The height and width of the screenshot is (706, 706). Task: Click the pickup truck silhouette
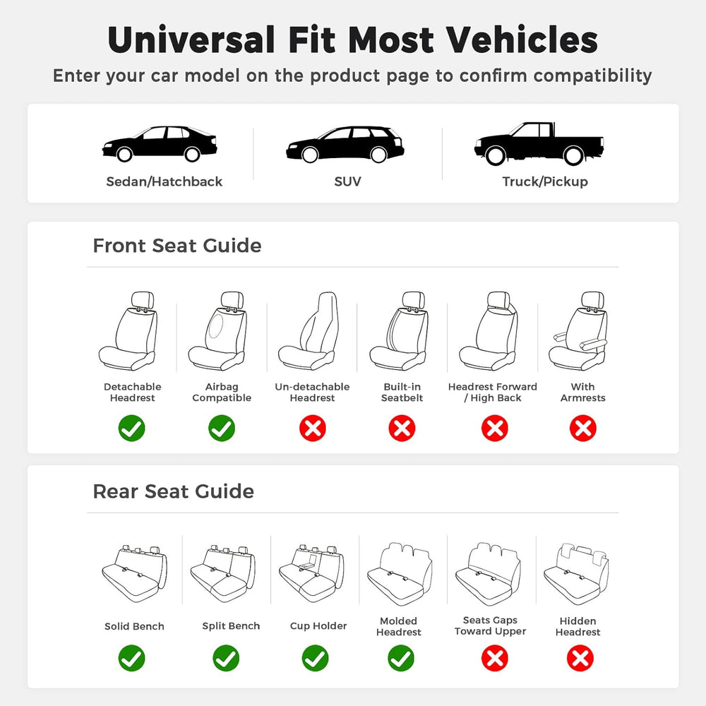click(539, 143)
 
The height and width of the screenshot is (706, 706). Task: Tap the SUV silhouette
click(345, 144)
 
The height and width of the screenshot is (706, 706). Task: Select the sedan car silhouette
click(160, 143)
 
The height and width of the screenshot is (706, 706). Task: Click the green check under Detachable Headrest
click(132, 428)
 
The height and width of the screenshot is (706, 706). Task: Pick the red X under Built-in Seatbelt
click(402, 428)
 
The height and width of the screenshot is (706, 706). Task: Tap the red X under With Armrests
click(583, 428)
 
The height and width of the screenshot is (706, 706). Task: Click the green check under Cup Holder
click(315, 658)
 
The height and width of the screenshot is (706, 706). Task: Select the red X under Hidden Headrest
click(580, 658)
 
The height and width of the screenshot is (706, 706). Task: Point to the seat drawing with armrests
click(579, 331)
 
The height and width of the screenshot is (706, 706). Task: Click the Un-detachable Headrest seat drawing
click(309, 331)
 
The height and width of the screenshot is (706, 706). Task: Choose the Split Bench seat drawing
click(223, 575)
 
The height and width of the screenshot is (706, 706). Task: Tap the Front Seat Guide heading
click(177, 246)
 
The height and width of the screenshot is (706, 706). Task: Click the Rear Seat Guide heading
click(174, 491)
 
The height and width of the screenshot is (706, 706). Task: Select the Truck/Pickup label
click(545, 181)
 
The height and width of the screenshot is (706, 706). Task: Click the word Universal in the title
click(191, 40)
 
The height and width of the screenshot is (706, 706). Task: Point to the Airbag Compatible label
click(222, 392)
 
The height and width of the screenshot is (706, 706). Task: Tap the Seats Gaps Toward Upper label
click(491, 626)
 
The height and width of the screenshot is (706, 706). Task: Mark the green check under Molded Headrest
click(401, 658)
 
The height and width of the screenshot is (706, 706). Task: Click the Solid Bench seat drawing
click(135, 575)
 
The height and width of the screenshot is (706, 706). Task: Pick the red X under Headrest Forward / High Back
click(495, 428)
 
